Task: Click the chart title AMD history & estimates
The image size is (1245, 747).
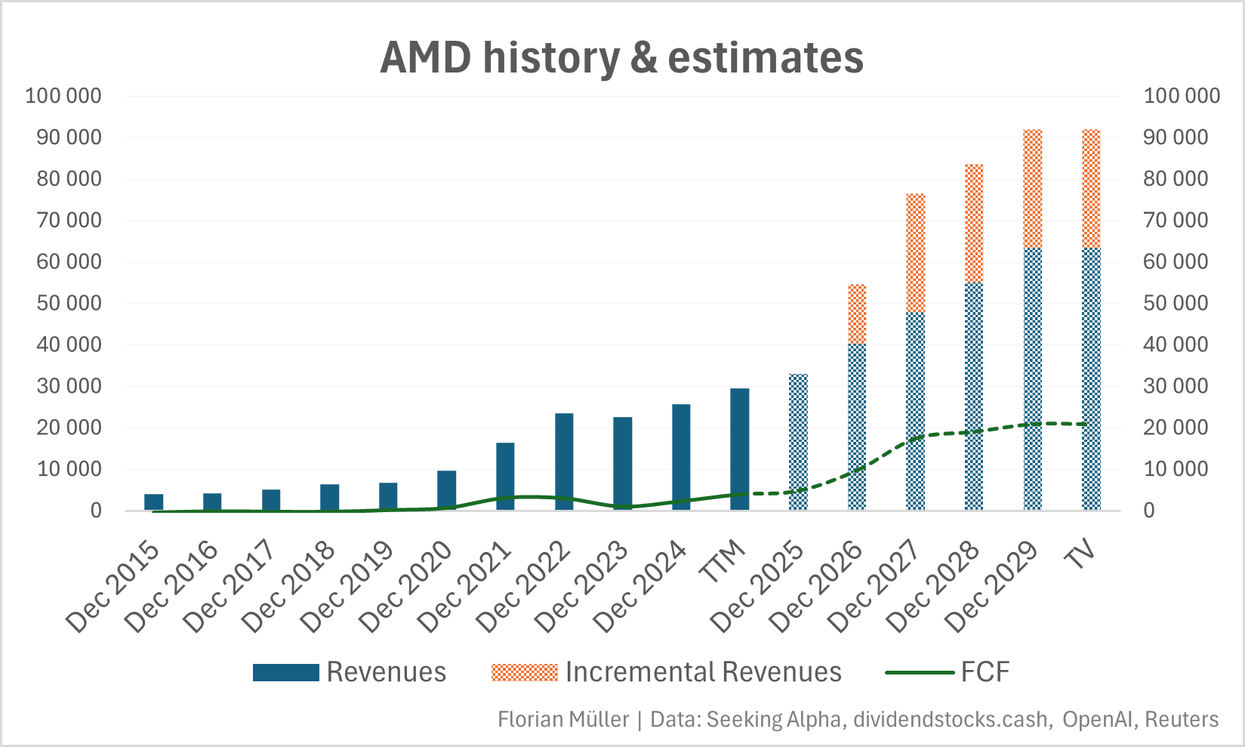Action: coord(621,57)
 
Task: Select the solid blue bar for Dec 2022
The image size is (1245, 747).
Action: coord(564,461)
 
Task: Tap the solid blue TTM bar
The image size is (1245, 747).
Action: coord(740,449)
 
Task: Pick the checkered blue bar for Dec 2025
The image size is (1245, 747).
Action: coord(798,442)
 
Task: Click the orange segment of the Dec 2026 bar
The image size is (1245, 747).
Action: coord(857,314)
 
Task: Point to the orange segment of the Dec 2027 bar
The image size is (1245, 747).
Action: coord(916,252)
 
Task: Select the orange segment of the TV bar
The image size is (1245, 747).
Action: coord(1091,189)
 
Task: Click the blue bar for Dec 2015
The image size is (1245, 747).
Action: coord(154,502)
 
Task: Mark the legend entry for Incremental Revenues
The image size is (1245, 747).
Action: coord(666,672)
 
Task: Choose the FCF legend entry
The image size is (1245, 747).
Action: coord(947,672)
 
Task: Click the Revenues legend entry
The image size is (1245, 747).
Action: coord(350,672)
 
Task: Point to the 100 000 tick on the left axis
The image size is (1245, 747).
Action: coord(63,96)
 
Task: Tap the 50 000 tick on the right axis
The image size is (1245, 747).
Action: coord(1181,303)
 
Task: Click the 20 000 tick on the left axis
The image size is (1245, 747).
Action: coord(63,428)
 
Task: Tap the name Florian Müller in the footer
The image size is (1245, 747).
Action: coord(563,719)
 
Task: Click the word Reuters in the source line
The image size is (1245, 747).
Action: coord(1181,719)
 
